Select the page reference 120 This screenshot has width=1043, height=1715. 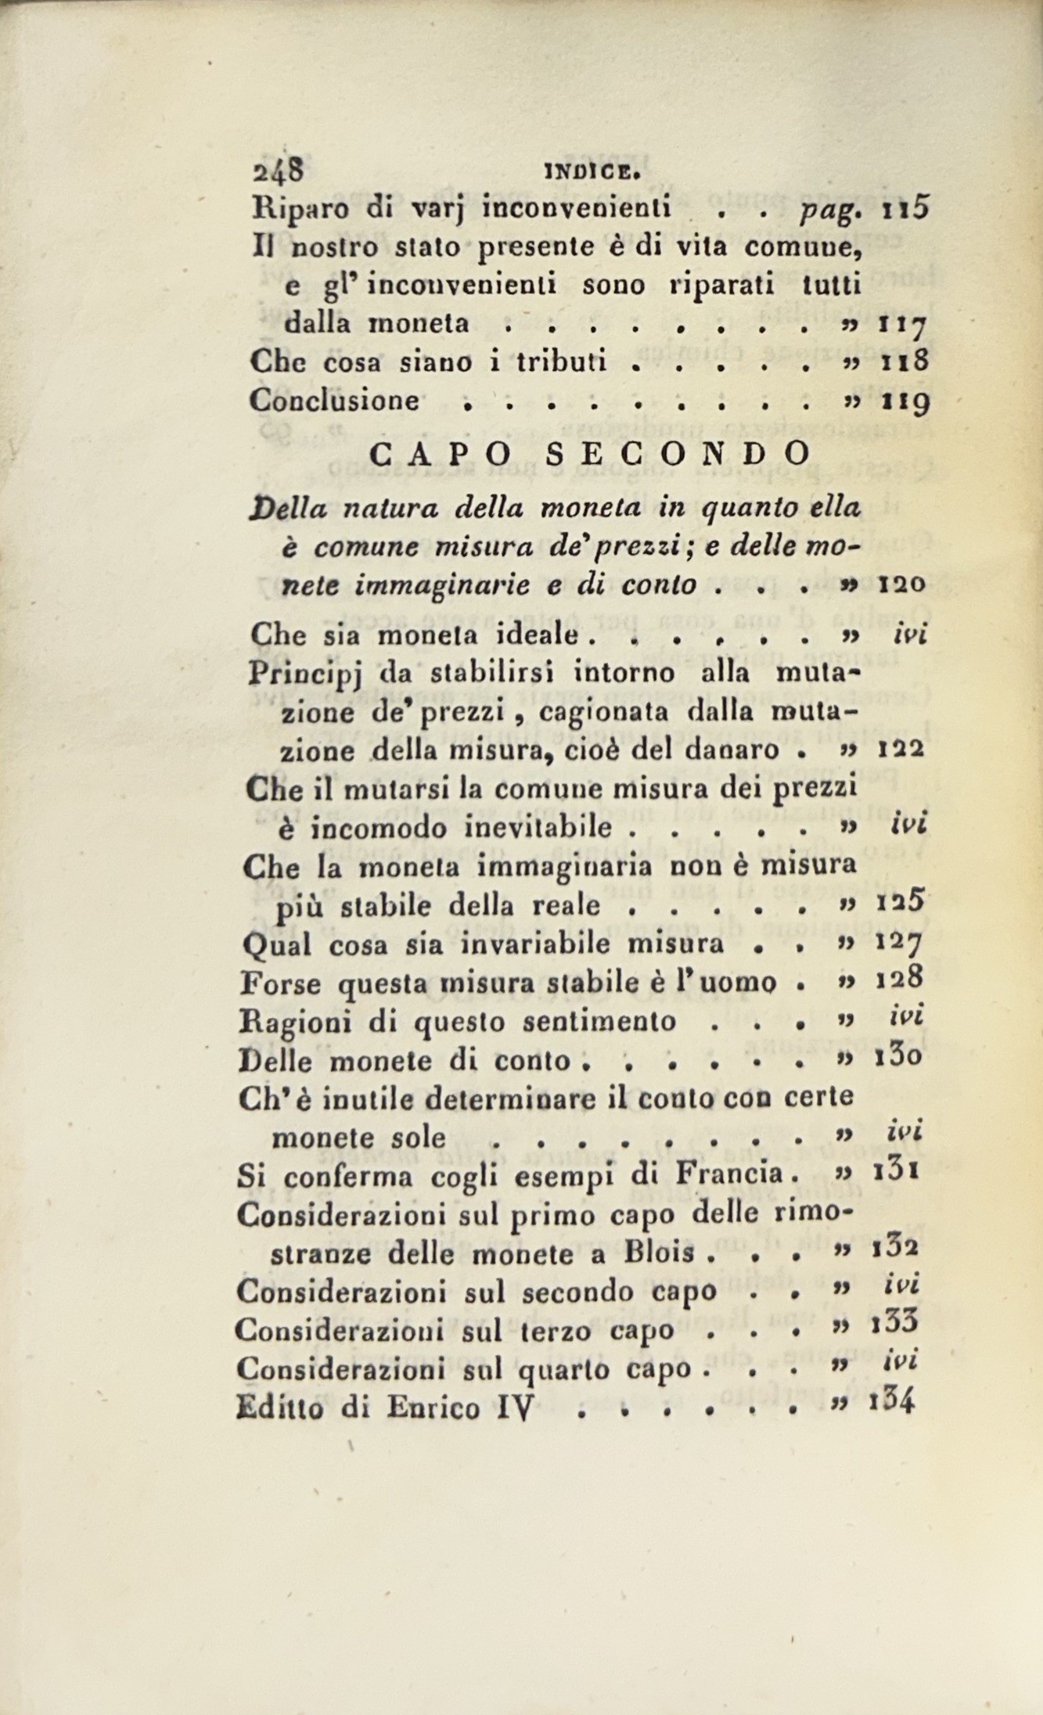903,584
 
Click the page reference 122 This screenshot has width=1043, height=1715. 903,749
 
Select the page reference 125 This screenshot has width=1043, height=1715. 902,904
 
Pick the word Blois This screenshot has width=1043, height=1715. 664,1253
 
